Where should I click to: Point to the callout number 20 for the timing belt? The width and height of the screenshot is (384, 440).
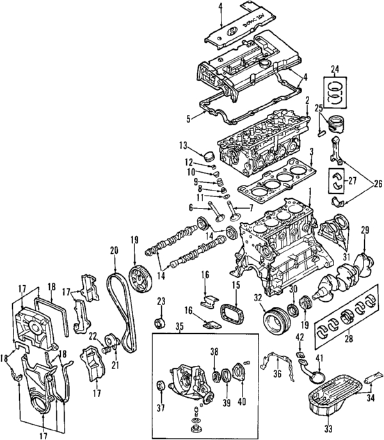pos(115,250)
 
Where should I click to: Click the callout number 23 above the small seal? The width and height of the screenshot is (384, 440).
pos(161,301)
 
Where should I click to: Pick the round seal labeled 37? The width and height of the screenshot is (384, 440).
pos(161,386)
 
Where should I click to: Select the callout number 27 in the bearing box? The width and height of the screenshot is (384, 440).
pos(351,181)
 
